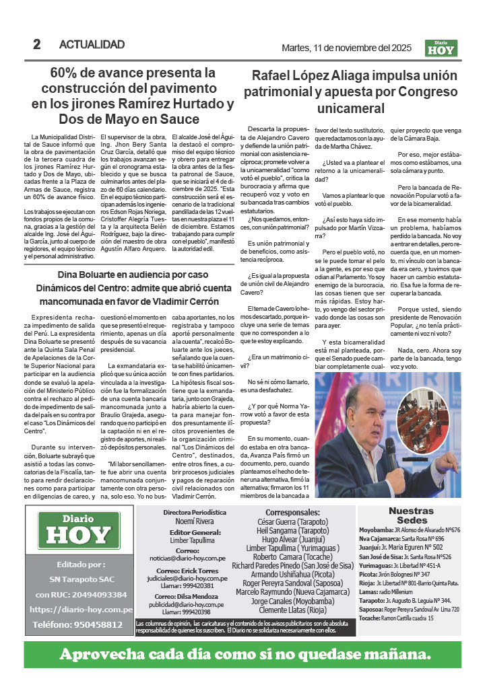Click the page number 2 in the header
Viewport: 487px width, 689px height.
pos(37,45)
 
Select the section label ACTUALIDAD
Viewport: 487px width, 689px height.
pos(92,45)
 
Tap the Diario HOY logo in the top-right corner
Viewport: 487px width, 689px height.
pos(441,48)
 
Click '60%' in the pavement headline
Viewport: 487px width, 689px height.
pos(67,73)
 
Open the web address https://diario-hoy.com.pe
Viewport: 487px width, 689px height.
pos(81,610)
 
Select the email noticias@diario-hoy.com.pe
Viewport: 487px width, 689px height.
pos(187,558)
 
